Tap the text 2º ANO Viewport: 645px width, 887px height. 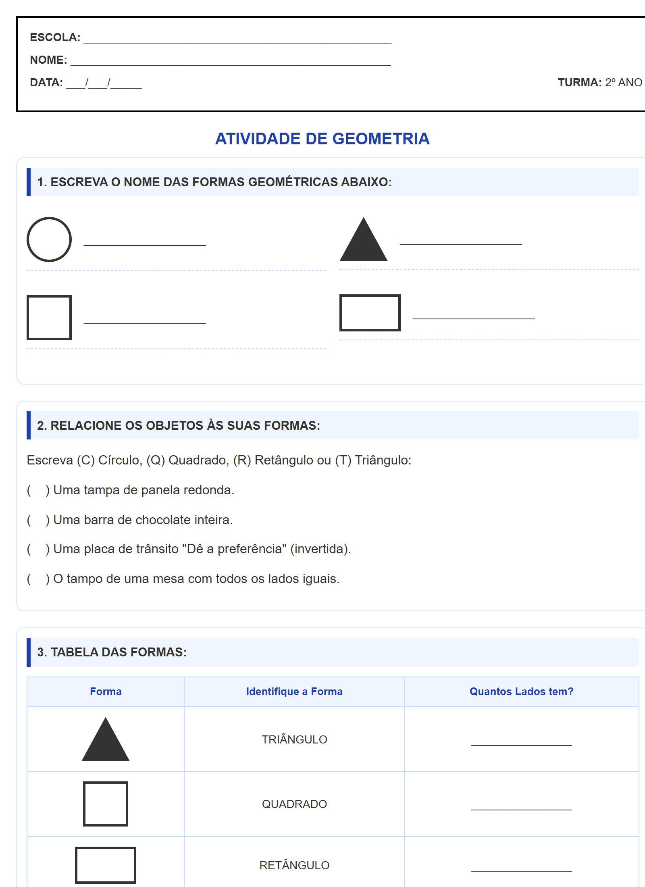click(623, 82)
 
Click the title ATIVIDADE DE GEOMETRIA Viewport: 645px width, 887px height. click(322, 139)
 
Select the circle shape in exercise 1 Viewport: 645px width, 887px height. click(49, 239)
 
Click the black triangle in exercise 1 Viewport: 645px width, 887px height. click(364, 242)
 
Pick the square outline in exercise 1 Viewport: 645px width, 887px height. click(49, 318)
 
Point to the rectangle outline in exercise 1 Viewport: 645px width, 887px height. click(370, 313)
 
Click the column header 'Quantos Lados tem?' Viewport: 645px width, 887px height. click(521, 691)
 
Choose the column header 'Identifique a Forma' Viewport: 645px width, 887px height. click(294, 691)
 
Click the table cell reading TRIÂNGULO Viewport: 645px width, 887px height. click(294, 739)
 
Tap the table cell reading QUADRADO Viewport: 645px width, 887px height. click(294, 804)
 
